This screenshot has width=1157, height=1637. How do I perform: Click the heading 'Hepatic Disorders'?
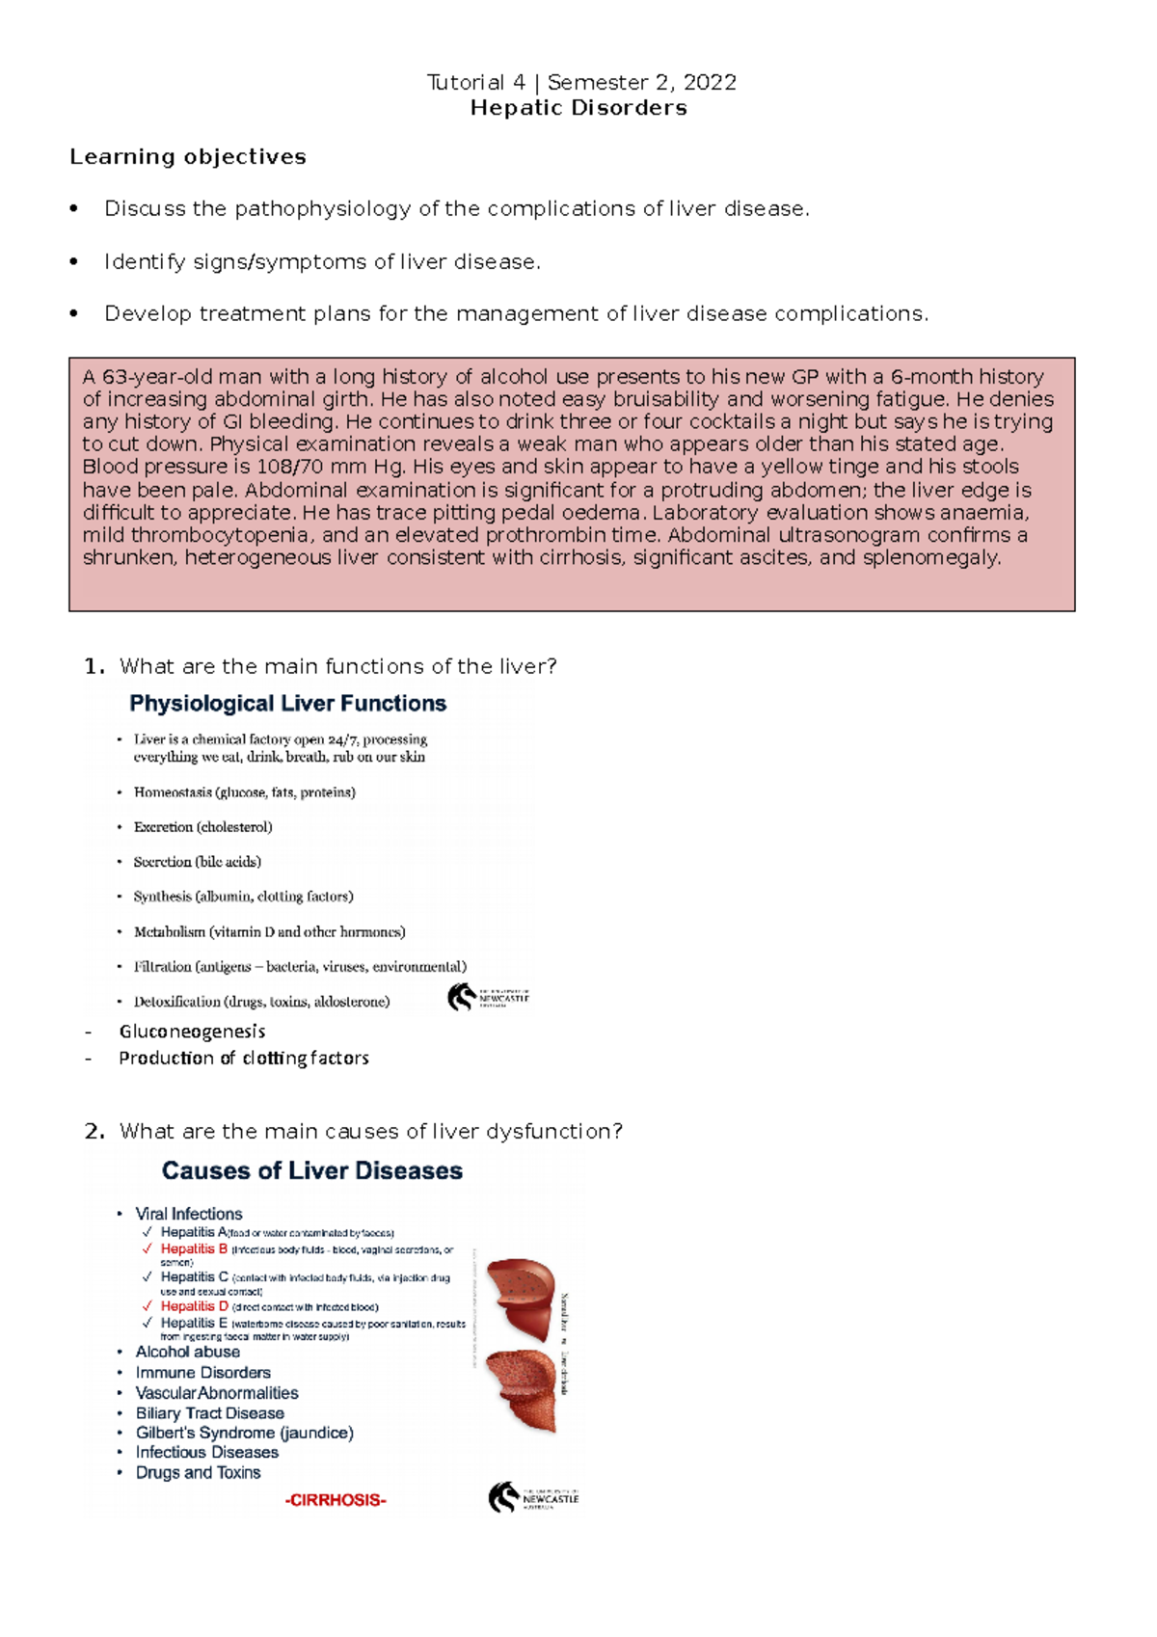click(578, 108)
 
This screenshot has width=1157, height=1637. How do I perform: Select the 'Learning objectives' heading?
click(188, 157)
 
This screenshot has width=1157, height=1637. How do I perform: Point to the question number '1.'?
click(94, 666)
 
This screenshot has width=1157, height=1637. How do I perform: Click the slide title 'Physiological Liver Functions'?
click(287, 704)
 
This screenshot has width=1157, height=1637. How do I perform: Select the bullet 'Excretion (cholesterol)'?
click(202, 827)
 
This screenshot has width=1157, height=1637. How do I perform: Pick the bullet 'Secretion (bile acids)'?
click(197, 862)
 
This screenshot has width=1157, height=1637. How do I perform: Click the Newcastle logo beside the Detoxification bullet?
click(488, 997)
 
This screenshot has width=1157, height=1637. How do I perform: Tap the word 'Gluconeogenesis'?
click(192, 1032)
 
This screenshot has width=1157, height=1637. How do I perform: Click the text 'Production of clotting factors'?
click(243, 1059)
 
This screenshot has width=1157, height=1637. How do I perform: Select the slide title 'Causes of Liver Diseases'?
click(311, 1170)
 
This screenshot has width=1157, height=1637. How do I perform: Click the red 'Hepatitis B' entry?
click(194, 1248)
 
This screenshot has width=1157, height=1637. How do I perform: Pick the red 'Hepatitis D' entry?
click(194, 1306)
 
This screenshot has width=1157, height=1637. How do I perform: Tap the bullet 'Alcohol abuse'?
click(187, 1352)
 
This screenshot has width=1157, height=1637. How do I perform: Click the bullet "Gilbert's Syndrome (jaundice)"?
click(244, 1433)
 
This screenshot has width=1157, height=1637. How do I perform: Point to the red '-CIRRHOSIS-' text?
click(336, 1500)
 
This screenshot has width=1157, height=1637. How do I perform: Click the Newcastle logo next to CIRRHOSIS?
click(532, 1497)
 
